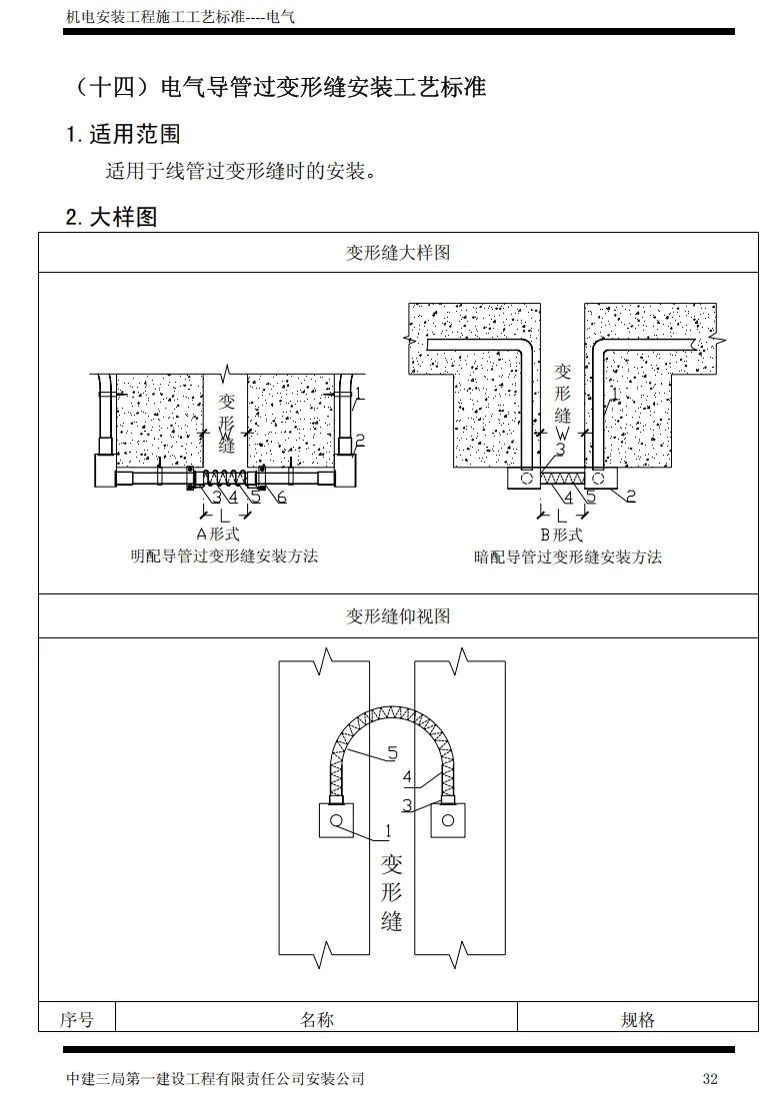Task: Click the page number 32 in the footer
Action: (710, 1079)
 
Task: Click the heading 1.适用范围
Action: (123, 134)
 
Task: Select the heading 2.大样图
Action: (111, 217)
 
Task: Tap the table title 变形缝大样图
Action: (398, 253)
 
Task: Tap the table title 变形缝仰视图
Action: (398, 616)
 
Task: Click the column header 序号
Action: (77, 1019)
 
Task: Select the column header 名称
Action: (317, 1019)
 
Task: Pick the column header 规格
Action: (638, 1019)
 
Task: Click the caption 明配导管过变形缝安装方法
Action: (224, 555)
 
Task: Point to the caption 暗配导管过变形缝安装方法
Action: (568, 556)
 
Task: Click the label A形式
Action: (217, 535)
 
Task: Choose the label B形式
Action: (561, 535)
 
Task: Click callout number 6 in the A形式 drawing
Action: (282, 497)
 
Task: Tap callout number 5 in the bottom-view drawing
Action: (392, 754)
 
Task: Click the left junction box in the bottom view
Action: (336, 820)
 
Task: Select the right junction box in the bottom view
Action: (447, 821)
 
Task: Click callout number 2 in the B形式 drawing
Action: (631, 495)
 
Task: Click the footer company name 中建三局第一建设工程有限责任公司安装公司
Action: (215, 1079)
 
